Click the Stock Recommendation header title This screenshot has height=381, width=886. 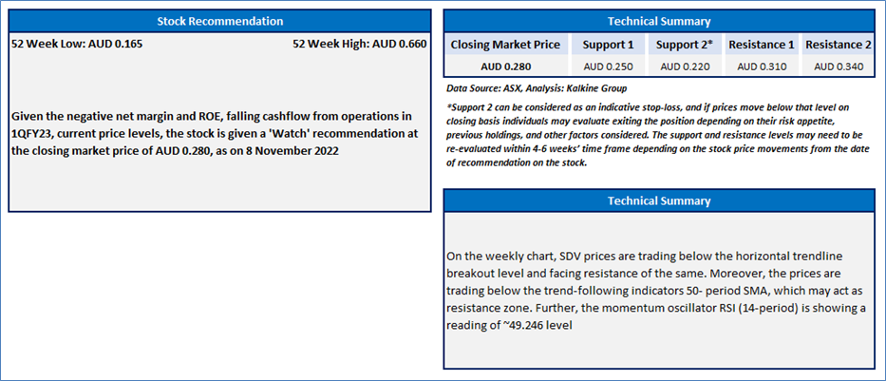pyautogui.click(x=219, y=22)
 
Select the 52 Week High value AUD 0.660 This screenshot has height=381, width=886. pyautogui.click(x=399, y=44)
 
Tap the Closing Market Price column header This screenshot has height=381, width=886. pyautogui.click(x=506, y=44)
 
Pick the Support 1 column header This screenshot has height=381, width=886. pyautogui.click(x=608, y=44)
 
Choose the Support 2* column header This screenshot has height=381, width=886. pyautogui.click(x=686, y=44)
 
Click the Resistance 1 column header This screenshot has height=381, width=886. pyautogui.click(x=761, y=44)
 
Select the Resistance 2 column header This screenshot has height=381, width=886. pyautogui.click(x=839, y=44)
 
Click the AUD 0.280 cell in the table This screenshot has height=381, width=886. pyautogui.click(x=506, y=67)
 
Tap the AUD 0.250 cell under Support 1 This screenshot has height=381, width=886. pyautogui.click(x=608, y=67)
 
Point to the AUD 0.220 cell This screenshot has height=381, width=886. pyautogui.click(x=685, y=67)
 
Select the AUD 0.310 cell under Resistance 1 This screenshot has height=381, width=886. pyautogui.click(x=761, y=67)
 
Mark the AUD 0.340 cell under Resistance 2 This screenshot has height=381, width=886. pyautogui.click(x=839, y=67)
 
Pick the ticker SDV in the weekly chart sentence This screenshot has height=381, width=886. pyautogui.click(x=569, y=257)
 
